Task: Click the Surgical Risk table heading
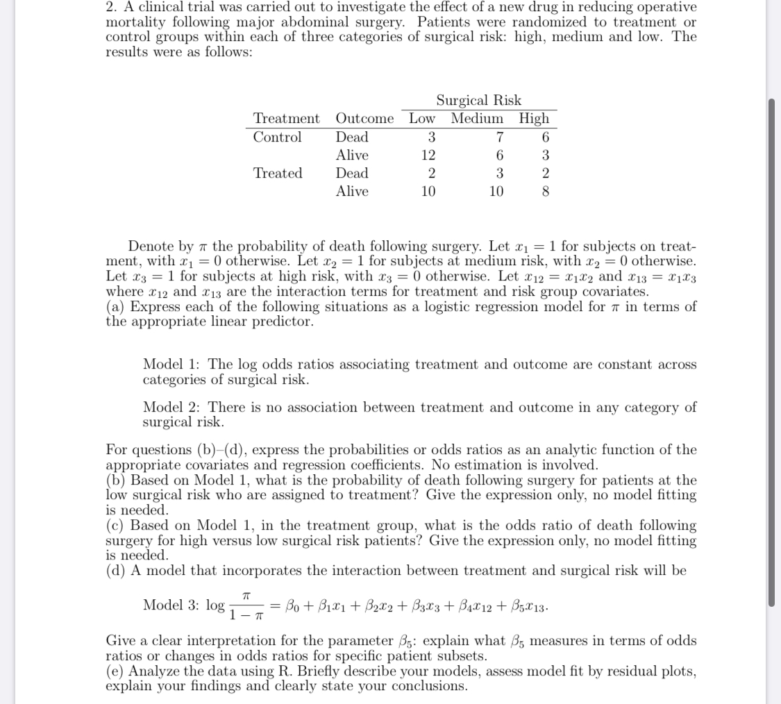tap(478, 100)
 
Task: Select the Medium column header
tap(477, 118)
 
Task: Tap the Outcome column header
tap(364, 118)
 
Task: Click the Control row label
tap(277, 137)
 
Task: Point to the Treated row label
tap(278, 173)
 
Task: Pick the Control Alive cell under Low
tap(428, 155)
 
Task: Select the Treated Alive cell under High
tap(546, 191)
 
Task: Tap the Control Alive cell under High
tap(546, 155)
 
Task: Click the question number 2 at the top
tap(111, 7)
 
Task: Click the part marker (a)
tap(116, 307)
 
